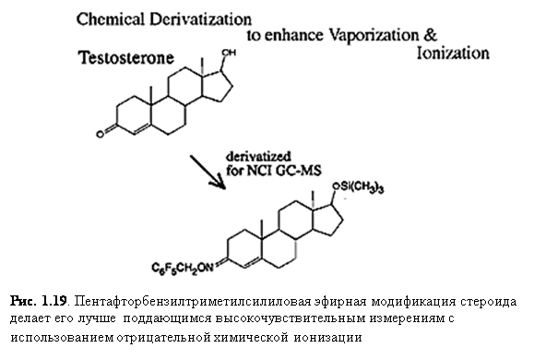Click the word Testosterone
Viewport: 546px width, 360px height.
[125, 57]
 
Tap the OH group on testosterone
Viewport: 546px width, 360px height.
[229, 53]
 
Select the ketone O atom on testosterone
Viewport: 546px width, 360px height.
[101, 134]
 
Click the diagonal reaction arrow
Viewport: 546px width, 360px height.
[208, 173]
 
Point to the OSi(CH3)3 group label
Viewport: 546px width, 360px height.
[358, 187]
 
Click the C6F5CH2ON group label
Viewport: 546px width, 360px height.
[182, 269]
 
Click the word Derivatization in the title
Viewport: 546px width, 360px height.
[200, 19]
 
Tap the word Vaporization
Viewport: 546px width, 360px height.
[374, 36]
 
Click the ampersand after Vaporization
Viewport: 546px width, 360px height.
[431, 35]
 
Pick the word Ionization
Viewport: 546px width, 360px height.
[453, 53]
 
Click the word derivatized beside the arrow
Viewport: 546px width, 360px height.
[258, 156]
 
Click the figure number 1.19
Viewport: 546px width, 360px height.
[53, 301]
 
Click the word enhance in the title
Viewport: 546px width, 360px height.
[293, 36]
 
